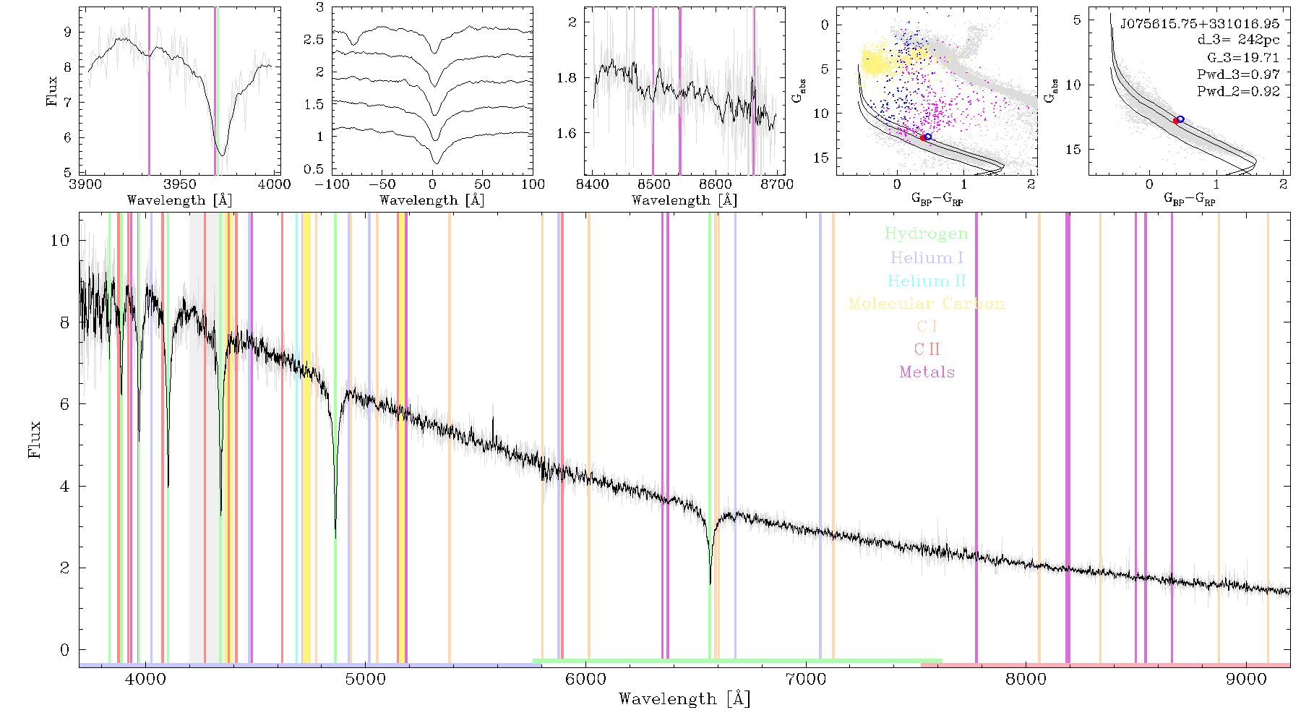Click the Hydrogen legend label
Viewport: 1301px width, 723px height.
click(x=927, y=234)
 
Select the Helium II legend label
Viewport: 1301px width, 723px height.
click(x=927, y=281)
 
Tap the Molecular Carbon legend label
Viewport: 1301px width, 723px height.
click(x=927, y=304)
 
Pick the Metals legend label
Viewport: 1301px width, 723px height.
click(x=927, y=372)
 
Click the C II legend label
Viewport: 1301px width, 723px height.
click(x=927, y=349)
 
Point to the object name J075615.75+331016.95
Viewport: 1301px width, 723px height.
click(x=1200, y=24)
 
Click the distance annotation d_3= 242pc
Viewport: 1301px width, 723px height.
click(x=1238, y=40)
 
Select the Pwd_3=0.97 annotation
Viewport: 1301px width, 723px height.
click(x=1238, y=74)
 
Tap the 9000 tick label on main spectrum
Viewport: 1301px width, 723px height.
click(x=1246, y=679)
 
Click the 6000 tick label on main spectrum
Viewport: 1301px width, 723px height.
click(x=585, y=679)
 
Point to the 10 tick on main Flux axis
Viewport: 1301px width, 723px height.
click(x=60, y=240)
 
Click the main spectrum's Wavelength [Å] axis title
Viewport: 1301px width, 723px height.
click(x=684, y=699)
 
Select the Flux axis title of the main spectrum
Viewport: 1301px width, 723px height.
click(x=34, y=439)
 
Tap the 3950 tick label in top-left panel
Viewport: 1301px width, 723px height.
click(x=180, y=184)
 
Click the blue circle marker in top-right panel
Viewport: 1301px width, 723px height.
click(x=1180, y=119)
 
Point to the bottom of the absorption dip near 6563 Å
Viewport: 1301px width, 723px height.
click(x=710, y=583)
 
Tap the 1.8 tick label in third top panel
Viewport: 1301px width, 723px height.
click(x=567, y=78)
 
